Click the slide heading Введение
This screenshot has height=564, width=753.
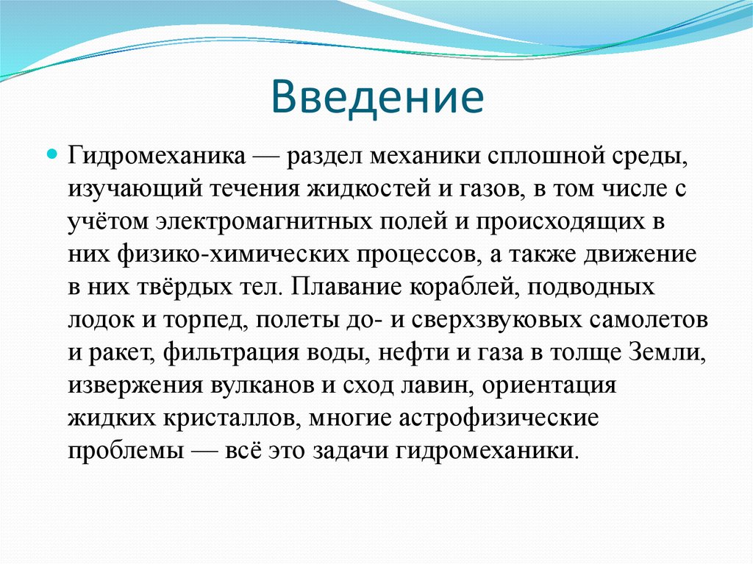pos(377,99)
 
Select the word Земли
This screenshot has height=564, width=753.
pos(666,352)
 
